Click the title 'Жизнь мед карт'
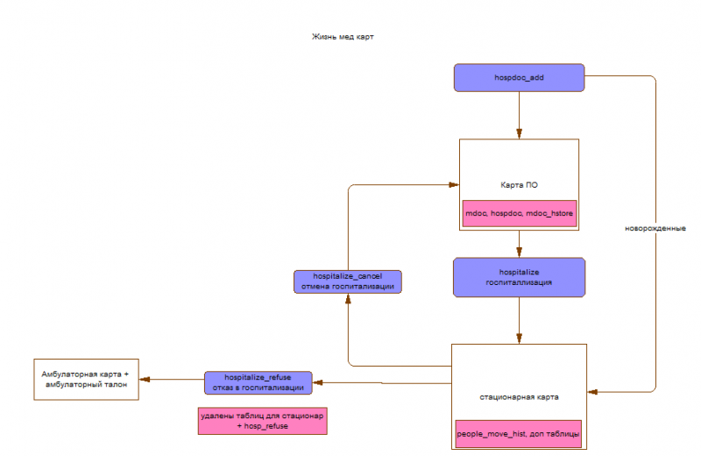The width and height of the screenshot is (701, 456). [x=343, y=37]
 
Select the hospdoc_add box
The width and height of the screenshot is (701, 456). [x=519, y=77]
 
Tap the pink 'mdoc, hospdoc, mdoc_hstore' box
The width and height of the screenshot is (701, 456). [x=519, y=213]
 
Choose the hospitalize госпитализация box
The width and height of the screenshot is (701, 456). [x=519, y=276]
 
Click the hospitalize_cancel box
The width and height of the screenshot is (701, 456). [x=348, y=281]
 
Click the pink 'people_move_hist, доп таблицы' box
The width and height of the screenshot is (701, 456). [x=518, y=434]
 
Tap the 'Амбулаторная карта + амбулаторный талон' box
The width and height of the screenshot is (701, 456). [x=85, y=379]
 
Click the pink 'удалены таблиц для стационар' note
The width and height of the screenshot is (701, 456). [x=262, y=420]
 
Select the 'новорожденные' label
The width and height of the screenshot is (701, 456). [x=655, y=228]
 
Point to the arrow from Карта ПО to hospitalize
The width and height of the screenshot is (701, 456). [x=519, y=243]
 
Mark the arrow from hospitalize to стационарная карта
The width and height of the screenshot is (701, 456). [x=520, y=319]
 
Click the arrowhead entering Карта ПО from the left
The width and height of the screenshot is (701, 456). [x=454, y=184]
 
